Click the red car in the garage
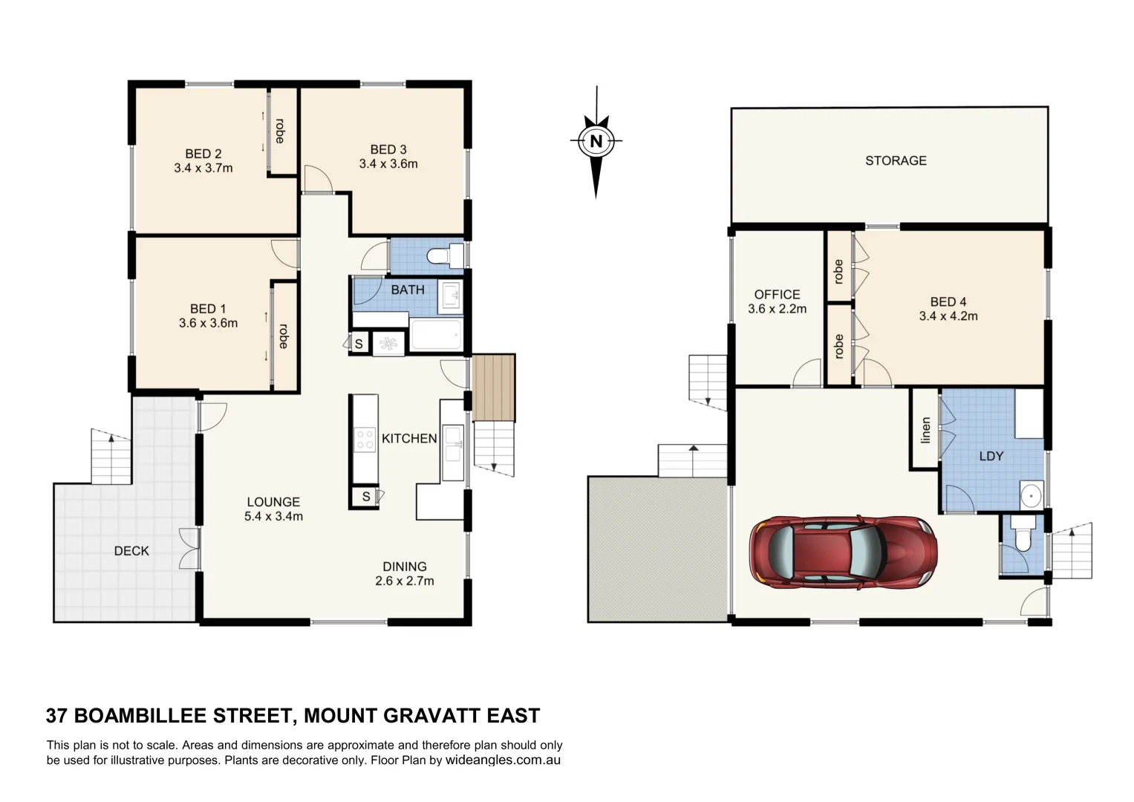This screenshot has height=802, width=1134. tap(842, 552)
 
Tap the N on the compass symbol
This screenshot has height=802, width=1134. tap(596, 140)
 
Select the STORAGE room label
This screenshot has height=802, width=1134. tap(896, 160)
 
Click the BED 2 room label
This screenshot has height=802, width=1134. tap(203, 154)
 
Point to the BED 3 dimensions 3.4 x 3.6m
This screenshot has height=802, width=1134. tap(388, 164)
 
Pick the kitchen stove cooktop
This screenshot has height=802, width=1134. tap(365, 440)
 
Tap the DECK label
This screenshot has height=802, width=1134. tap(131, 551)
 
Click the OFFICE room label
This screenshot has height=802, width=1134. tap(777, 295)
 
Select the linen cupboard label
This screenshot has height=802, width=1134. tap(925, 430)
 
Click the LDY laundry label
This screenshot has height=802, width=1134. tap(991, 456)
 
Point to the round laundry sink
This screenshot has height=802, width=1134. tap(1030, 495)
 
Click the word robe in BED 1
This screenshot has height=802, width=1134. tap(283, 336)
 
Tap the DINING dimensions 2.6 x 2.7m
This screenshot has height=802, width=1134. tap(405, 581)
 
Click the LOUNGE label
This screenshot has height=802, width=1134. tap(273, 502)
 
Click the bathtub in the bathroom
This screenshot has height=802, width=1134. tap(436, 336)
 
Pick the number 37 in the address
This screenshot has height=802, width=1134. tap(56, 716)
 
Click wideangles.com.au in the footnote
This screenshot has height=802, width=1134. tap(503, 760)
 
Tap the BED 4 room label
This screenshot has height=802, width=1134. tap(948, 302)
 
